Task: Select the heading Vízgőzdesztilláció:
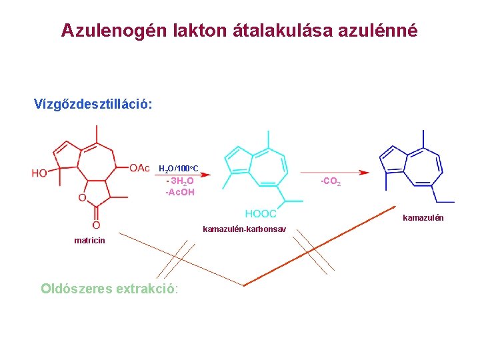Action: click(93, 105)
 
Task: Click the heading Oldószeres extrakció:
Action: click(109, 289)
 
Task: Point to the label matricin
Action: click(89, 241)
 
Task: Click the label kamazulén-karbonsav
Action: click(245, 229)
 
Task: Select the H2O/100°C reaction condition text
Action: click(178, 168)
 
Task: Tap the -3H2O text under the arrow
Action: click(179, 181)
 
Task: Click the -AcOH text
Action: click(180, 192)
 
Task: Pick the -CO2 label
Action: click(331, 181)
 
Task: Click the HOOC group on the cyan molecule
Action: click(261, 213)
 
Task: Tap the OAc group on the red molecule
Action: click(139, 167)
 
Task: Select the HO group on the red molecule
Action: click(39, 173)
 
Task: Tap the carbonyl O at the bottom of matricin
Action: click(96, 225)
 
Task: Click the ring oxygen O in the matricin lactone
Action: click(81, 197)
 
